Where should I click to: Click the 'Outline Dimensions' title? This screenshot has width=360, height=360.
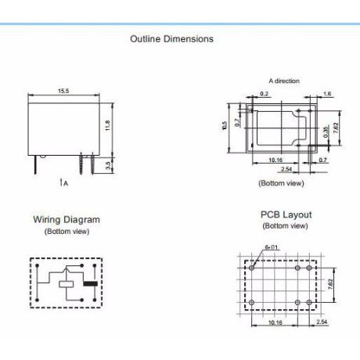tap(171, 39)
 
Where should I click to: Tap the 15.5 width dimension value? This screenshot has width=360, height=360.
tap(63, 91)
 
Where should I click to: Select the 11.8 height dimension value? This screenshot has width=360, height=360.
tap(107, 125)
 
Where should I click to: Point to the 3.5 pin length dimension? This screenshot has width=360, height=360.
tap(109, 165)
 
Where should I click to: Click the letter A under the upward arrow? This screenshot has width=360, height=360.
tap(66, 183)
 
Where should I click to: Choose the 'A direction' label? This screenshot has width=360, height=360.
tap(284, 81)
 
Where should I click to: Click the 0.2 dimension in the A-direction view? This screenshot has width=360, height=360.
tap(264, 94)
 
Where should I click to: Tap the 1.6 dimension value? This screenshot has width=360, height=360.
tap(327, 94)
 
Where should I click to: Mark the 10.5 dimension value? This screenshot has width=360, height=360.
tap(224, 125)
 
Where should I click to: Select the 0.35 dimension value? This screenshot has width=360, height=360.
tap(326, 132)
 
